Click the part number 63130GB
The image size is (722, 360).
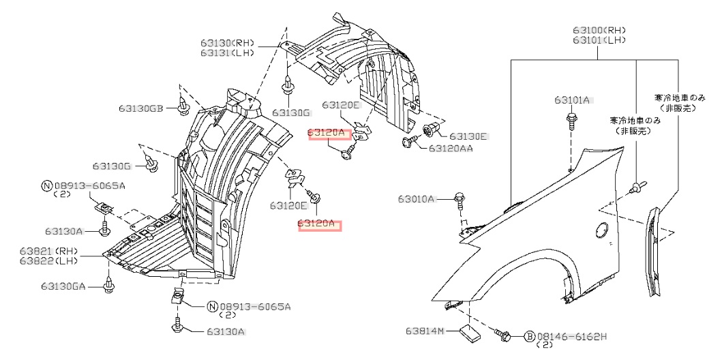[140, 108]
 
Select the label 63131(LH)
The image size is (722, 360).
[227, 53]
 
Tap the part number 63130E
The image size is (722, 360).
[468, 136]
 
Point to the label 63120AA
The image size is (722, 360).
[451, 147]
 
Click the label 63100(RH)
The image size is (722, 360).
[599, 31]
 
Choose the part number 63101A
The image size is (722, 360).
[571, 100]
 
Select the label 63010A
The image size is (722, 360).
[417, 199]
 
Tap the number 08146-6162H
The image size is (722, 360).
[572, 336]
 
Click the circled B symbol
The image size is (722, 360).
[529, 336]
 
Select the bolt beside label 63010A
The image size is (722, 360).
[460, 200]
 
